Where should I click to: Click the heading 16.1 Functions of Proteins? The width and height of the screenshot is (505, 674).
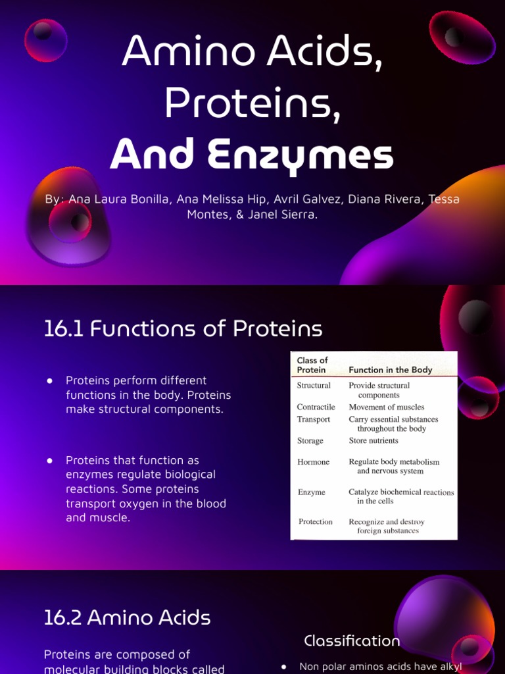183,328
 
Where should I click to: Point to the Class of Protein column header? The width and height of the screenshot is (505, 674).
312,365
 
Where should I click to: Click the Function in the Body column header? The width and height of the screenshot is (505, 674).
390,370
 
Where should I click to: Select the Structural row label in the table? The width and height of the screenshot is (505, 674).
314,386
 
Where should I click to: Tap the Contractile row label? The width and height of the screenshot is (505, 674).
316,407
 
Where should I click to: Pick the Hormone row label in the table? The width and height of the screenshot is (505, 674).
313,462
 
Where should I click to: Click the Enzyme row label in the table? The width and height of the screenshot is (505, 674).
311,492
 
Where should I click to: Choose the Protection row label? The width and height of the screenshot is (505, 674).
316,522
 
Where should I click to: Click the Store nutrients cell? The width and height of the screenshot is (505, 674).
373,441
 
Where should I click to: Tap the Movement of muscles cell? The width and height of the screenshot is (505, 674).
386,407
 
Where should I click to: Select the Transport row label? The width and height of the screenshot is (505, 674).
314,419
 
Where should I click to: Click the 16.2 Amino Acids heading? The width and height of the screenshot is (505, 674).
127,617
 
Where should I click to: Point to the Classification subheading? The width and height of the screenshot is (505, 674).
352,640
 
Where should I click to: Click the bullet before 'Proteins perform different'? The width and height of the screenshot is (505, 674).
49,380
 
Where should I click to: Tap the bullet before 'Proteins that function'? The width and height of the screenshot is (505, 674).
49,460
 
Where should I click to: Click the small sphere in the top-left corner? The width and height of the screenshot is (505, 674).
46,39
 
